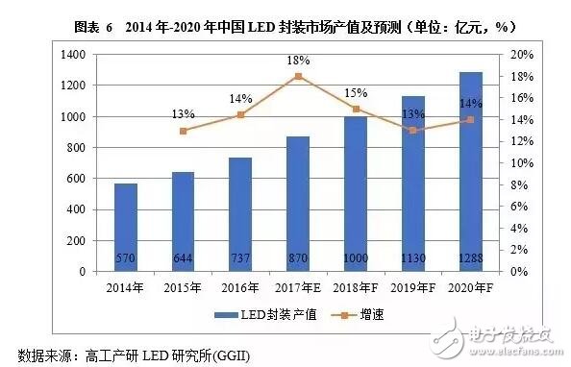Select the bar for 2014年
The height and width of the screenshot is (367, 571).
pos(126,227)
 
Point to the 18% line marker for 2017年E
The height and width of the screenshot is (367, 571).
pos(298,76)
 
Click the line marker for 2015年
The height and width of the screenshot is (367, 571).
pos(184,131)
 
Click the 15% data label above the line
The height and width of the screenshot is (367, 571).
pos(355,93)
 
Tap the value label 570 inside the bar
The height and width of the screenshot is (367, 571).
pos(126,258)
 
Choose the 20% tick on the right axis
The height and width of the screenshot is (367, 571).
pos(520,55)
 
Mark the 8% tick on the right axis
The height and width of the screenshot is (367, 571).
pos(517,184)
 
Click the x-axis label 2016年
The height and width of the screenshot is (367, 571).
pos(240,286)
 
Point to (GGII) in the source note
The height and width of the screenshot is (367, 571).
pos(248,352)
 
